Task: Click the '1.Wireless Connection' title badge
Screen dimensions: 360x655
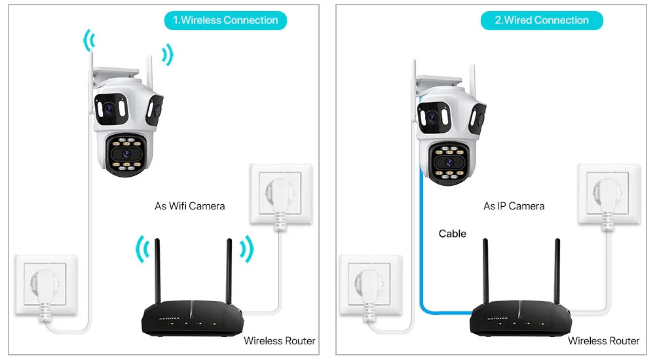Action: [225, 20]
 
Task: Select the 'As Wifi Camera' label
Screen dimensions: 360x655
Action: [189, 206]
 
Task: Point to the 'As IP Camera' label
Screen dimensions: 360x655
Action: [514, 206]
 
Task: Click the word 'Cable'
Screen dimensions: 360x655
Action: [453, 234]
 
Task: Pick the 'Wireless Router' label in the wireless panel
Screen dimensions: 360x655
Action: [279, 340]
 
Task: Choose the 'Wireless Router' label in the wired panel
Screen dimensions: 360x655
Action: [603, 340]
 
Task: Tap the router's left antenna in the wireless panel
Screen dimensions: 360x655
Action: [157, 272]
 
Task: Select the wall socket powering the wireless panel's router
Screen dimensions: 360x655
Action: [280, 194]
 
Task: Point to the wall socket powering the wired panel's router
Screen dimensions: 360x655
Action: [607, 194]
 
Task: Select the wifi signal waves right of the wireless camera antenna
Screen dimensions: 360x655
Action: [168, 55]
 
